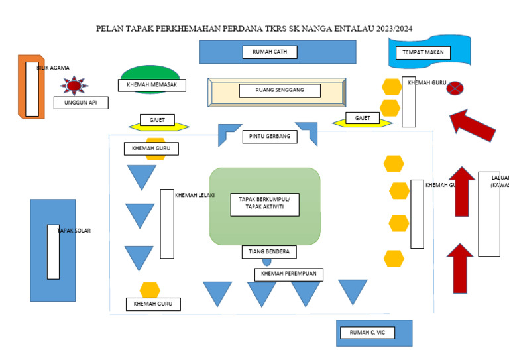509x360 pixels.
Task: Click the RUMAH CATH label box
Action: (270, 52)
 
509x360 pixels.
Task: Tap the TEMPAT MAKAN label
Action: (423, 53)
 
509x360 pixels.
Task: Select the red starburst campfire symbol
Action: (74, 86)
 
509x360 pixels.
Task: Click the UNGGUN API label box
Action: (80, 103)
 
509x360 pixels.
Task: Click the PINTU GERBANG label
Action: (270, 137)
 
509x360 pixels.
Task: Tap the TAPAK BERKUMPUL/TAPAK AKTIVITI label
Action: (264, 206)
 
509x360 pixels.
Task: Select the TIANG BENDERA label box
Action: (268, 252)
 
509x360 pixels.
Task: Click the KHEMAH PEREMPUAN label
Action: (288, 274)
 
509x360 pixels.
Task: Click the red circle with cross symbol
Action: (455, 88)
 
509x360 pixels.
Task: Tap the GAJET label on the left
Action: (157, 120)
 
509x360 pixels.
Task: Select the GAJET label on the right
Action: (363, 118)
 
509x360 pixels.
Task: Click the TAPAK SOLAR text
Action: (74, 231)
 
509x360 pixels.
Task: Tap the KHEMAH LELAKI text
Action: (194, 195)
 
